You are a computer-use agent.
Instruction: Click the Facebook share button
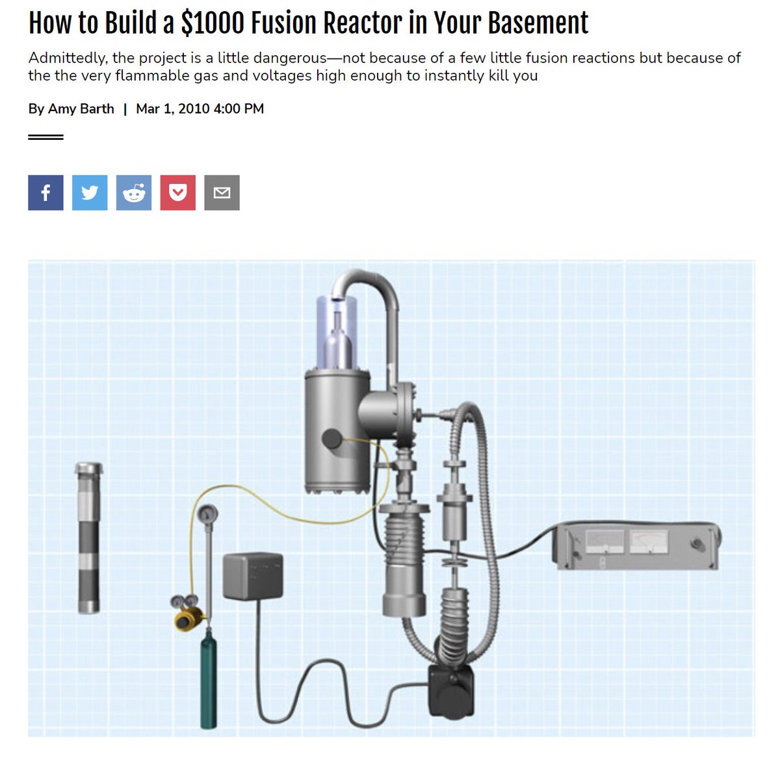pyautogui.click(x=45, y=192)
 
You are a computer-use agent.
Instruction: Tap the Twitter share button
pyautogui.click(x=90, y=192)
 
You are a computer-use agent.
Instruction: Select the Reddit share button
pyautogui.click(x=134, y=192)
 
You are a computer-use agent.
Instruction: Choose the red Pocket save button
pyautogui.click(x=178, y=192)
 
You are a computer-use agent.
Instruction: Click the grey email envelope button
pyautogui.click(x=222, y=192)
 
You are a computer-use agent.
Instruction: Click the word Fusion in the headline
pyautogui.click(x=284, y=23)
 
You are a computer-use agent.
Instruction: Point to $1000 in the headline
pyautogui.click(x=213, y=23)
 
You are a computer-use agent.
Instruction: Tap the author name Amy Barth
pyautogui.click(x=81, y=109)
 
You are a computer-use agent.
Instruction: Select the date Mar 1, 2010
pyautogui.click(x=173, y=109)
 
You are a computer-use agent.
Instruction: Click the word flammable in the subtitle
pyautogui.click(x=152, y=75)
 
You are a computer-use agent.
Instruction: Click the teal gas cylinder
pyautogui.click(x=209, y=679)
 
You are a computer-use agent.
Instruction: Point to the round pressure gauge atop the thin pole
pyautogui.click(x=207, y=514)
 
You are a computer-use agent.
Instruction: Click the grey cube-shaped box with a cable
pyautogui.click(x=253, y=575)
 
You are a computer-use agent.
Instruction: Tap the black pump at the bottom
pyautogui.click(x=451, y=690)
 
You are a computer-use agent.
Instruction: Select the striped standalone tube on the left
pyautogui.click(x=89, y=538)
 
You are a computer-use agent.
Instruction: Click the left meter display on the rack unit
pyautogui.click(x=604, y=542)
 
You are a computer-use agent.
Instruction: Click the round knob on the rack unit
pyautogui.click(x=697, y=544)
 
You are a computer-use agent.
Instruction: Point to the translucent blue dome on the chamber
pyautogui.click(x=337, y=332)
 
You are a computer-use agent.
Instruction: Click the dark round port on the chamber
pyautogui.click(x=332, y=439)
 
